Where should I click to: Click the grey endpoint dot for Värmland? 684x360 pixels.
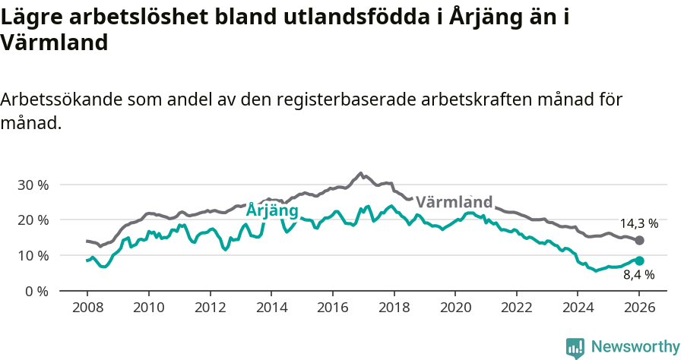tap(639, 241)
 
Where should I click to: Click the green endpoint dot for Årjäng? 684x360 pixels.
tap(639, 261)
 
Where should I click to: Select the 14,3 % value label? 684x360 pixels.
tap(638, 224)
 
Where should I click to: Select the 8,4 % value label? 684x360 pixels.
tap(638, 276)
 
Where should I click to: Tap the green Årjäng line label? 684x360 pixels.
tap(272, 210)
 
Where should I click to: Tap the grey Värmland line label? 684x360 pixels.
tap(454, 203)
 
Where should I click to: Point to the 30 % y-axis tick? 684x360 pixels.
tap(33, 185)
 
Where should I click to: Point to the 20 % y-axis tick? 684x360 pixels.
tap(33, 220)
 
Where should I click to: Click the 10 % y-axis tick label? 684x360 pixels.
tap(33, 255)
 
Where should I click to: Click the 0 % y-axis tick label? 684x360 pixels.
tap(36, 291)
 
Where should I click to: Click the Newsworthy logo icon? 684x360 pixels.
tap(575, 347)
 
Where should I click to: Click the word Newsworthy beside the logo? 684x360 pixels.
tap(635, 347)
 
